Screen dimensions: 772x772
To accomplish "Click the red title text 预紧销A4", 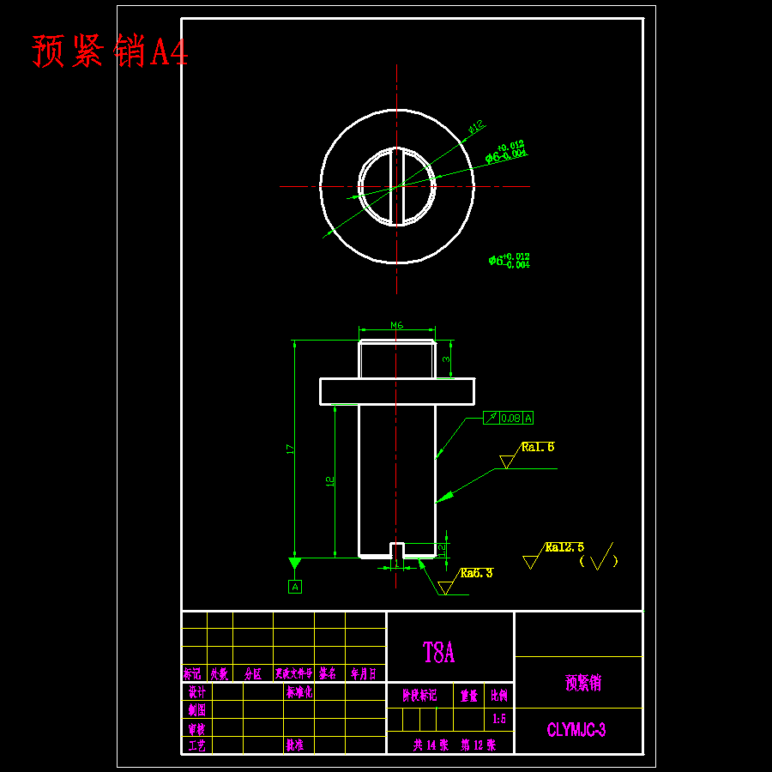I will click(110, 51).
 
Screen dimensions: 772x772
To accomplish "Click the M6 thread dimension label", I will click(397, 325).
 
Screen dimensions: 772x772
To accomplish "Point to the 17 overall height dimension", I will click(290, 448).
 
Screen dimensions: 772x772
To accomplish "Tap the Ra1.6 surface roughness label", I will click(538, 447).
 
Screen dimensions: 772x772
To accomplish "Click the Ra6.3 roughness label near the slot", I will click(477, 573).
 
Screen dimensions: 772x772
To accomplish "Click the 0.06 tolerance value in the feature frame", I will click(510, 418).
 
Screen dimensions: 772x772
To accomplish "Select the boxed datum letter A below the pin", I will click(295, 587).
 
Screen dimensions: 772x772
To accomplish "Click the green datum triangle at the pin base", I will click(295, 564).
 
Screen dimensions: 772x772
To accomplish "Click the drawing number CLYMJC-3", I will click(576, 731).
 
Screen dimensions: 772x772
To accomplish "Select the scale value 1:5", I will click(498, 718).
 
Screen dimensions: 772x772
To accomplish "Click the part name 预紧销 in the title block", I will click(583, 683).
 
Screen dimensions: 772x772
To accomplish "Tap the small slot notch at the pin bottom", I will click(397, 550).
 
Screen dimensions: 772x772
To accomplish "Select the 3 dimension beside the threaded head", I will click(446, 359).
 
